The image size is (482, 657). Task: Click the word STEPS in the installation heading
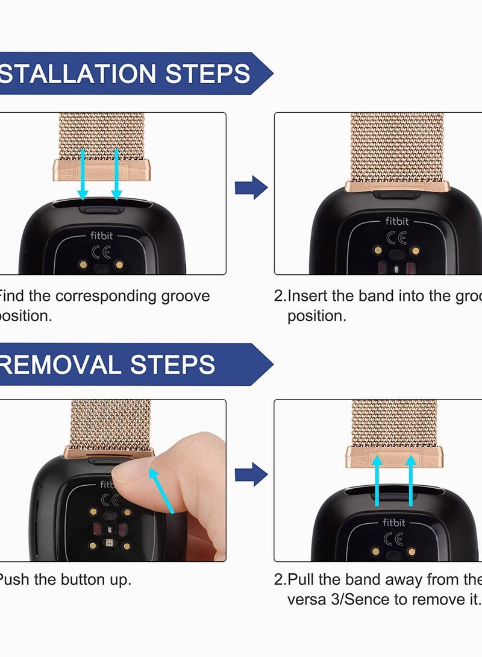tap(208, 73)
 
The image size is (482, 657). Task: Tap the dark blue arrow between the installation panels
tap(251, 188)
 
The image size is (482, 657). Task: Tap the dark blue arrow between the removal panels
tap(251, 475)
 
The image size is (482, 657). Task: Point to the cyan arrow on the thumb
tap(161, 491)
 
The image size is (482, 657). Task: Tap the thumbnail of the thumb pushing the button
tap(181, 488)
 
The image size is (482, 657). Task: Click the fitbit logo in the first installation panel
tap(102, 236)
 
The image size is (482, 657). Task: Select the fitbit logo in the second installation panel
tap(396, 221)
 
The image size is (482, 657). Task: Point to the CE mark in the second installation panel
tap(396, 237)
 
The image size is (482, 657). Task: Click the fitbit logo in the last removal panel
tap(394, 523)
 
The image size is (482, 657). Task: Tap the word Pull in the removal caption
tap(301, 580)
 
